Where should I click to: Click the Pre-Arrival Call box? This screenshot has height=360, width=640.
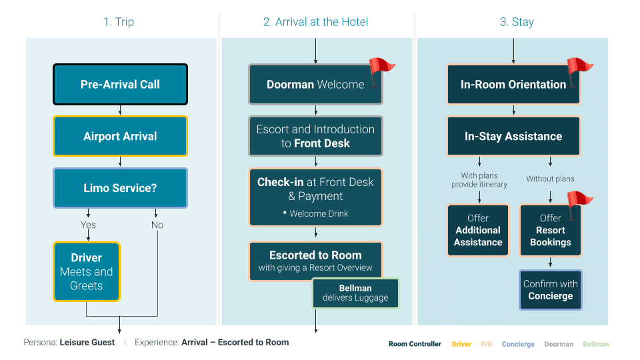tap(120, 85)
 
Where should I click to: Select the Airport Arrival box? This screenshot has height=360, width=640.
tap(120, 136)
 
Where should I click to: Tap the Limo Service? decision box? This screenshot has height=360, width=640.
tap(120, 188)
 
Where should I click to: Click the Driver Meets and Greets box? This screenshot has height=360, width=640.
tap(87, 271)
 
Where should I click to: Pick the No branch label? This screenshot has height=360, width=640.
tap(157, 225)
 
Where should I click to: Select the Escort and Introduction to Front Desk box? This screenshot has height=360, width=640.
tap(315, 136)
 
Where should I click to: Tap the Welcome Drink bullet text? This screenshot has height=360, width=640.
tap(319, 214)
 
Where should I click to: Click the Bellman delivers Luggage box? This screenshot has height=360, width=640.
tap(355, 293)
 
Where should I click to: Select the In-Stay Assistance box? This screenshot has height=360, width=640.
tap(513, 136)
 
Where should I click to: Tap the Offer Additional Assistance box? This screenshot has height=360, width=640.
tap(478, 230)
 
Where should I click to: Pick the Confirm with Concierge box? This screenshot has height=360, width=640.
tap(551, 289)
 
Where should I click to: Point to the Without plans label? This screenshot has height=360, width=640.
tap(550, 179)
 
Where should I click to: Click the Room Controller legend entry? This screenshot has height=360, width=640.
tap(415, 344)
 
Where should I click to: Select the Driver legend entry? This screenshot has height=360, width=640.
tap(461, 344)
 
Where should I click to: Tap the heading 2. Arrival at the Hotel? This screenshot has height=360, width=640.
tap(315, 22)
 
